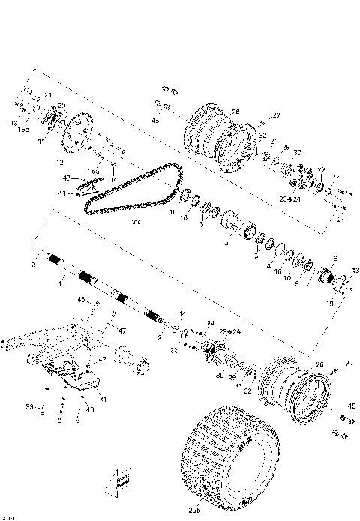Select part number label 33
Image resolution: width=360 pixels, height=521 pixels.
click(135, 223)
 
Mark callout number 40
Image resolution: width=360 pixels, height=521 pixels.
click(89, 409)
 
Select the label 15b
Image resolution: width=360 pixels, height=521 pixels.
click(23, 130)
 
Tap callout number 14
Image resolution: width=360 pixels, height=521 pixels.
click(114, 181)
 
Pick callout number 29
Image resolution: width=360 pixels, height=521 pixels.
click(285, 148)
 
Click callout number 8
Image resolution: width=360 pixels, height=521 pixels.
click(334, 259)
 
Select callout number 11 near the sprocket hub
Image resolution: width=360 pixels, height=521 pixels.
click(43, 141)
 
